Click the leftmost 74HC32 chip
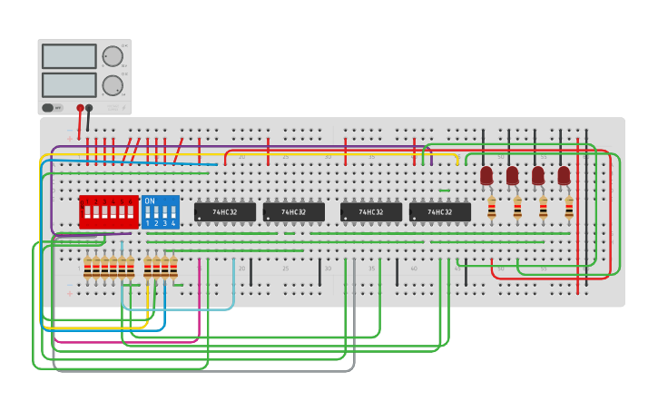click(x=224, y=212)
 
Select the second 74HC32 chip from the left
click(x=293, y=212)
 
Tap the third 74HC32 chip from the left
click(x=370, y=212)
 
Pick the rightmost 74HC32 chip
click(x=439, y=212)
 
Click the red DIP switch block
click(x=108, y=212)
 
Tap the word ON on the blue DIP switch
click(x=150, y=201)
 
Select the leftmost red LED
click(x=486, y=175)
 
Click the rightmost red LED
click(x=564, y=175)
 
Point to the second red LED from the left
click(x=512, y=175)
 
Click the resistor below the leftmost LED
click(x=491, y=209)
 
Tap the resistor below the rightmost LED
click(x=569, y=209)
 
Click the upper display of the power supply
click(x=69, y=56)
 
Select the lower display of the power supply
click(x=69, y=84)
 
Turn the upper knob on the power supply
click(x=113, y=56)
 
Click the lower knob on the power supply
click(x=113, y=85)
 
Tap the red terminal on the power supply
click(x=80, y=108)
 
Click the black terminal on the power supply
click(x=89, y=108)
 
